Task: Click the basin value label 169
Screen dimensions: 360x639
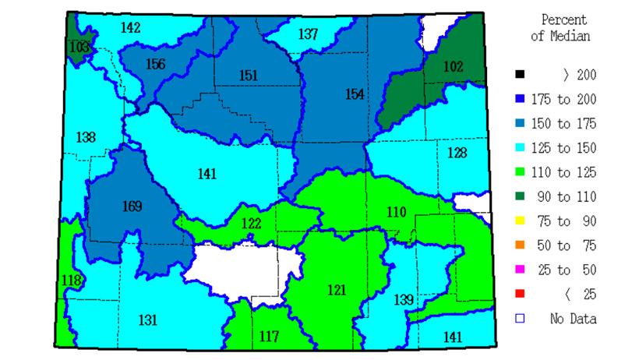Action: [x=132, y=206]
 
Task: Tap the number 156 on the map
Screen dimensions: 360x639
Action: [x=155, y=64]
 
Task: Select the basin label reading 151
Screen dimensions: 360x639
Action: [x=248, y=75]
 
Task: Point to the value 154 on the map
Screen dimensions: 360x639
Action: [x=354, y=94]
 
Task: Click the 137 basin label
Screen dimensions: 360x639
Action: [x=308, y=34]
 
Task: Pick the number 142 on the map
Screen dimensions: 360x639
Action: [x=131, y=28]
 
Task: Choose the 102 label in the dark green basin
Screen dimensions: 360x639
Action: [x=453, y=66]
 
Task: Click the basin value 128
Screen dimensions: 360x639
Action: [x=457, y=153]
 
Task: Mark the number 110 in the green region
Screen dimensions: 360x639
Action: [x=396, y=211]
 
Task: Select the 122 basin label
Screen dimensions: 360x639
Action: [x=251, y=224]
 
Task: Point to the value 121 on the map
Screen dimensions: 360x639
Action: [x=336, y=290]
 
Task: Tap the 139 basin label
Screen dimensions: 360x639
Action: [x=404, y=300]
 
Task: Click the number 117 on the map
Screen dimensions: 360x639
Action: [x=268, y=337]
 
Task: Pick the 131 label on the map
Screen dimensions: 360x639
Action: [x=148, y=319]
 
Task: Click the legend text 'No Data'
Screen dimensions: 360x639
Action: [x=573, y=318]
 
